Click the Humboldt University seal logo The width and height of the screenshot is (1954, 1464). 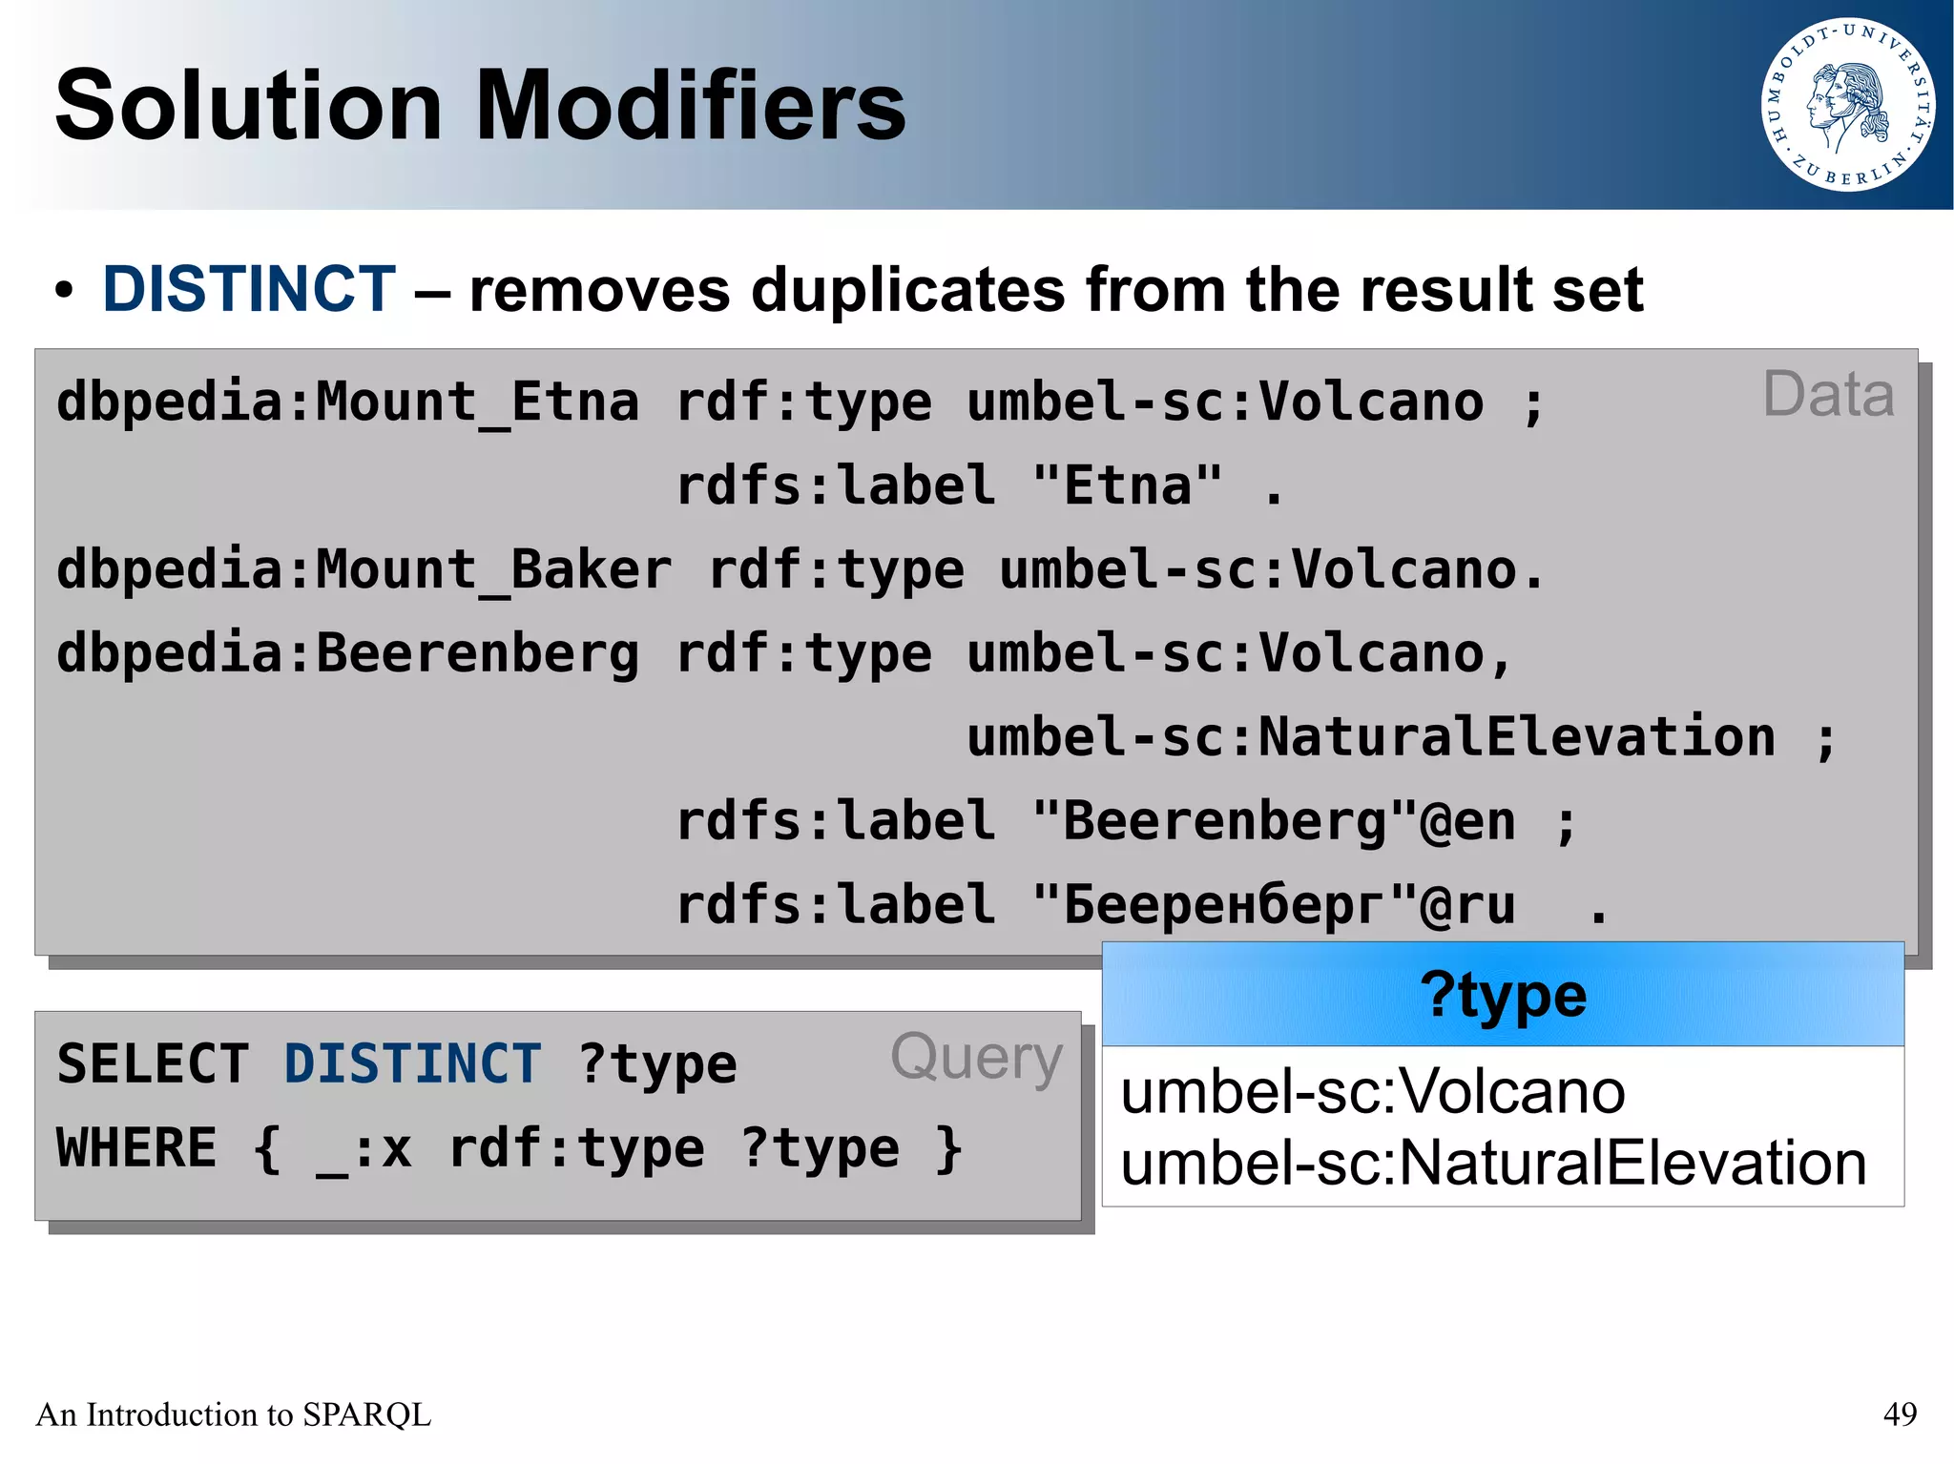coord(1847,105)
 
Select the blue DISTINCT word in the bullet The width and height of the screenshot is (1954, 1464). coord(249,289)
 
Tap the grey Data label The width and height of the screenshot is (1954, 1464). coord(1827,395)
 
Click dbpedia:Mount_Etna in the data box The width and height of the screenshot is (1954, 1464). coord(347,402)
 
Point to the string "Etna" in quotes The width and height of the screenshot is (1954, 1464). coord(1127,486)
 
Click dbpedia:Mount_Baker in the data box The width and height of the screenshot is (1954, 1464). coord(364,570)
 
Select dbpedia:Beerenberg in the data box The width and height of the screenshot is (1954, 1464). coord(347,654)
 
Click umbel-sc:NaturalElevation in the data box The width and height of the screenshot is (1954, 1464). coord(1370,738)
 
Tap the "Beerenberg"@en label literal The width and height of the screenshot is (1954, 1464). coord(1274,822)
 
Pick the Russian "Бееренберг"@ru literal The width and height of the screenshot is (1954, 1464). coord(1274,906)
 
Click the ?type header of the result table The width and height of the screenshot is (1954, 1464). coord(1503,996)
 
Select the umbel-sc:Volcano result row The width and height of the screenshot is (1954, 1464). coord(1372,1091)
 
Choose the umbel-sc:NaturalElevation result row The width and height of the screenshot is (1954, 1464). coord(1492,1164)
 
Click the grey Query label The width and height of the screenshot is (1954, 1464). coord(976,1059)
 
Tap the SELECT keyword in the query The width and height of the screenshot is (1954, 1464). coord(153,1064)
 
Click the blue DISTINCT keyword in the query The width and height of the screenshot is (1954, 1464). coord(412,1064)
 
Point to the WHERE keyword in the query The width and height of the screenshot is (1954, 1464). coord(136,1148)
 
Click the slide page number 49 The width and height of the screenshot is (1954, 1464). coord(1900,1413)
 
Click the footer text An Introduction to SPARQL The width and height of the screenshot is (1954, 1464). coord(233,1413)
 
